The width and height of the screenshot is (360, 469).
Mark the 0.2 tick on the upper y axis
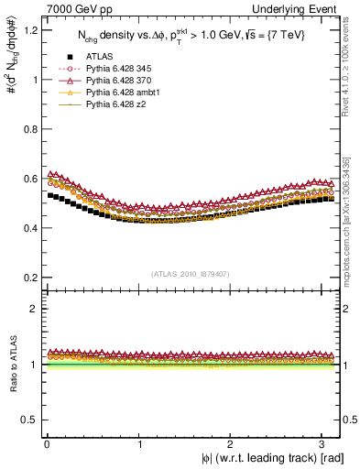click(x=27, y=278)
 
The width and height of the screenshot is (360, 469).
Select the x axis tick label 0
click(x=46, y=443)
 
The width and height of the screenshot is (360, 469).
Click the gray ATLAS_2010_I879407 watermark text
click(x=190, y=273)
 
